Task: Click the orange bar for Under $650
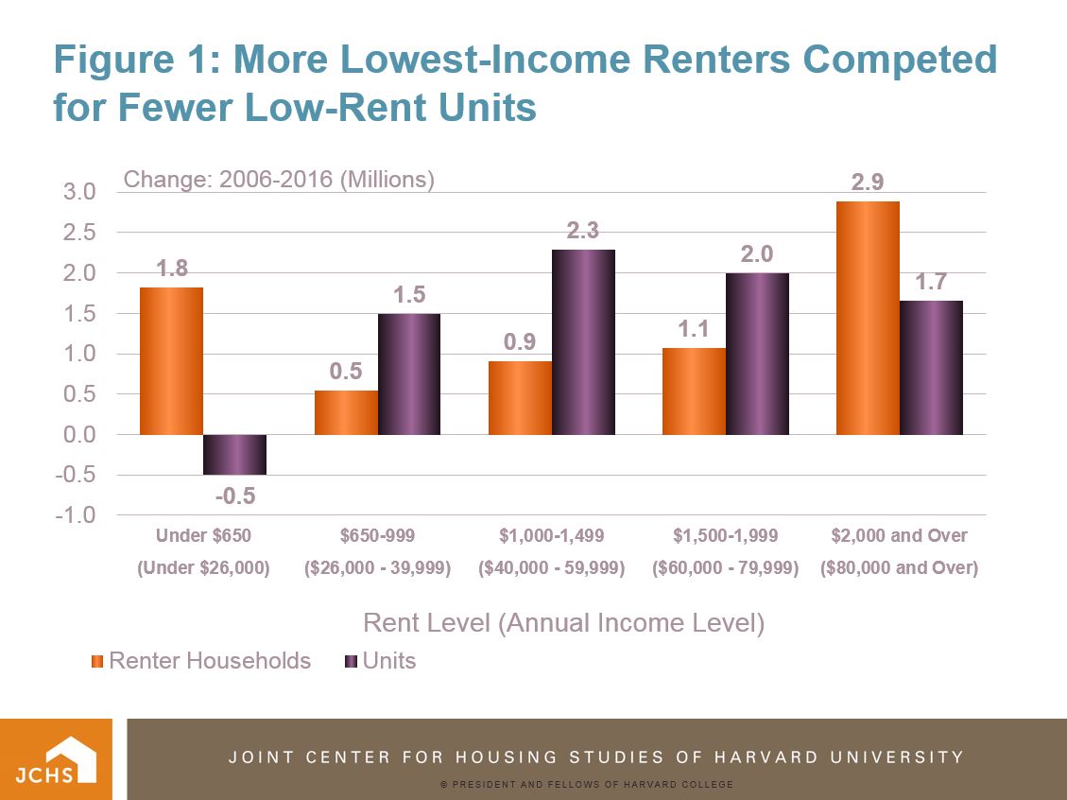(171, 360)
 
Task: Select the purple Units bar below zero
(234, 455)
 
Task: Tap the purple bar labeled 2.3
(583, 342)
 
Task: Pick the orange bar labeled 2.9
(868, 318)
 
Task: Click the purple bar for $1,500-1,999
(757, 354)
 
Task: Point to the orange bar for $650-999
(346, 412)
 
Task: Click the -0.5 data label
(235, 496)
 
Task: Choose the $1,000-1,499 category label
(552, 536)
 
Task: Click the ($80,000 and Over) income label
(899, 569)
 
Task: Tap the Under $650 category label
(204, 536)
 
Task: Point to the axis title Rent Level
(563, 624)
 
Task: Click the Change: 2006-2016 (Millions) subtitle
(280, 180)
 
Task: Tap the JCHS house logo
(57, 759)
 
